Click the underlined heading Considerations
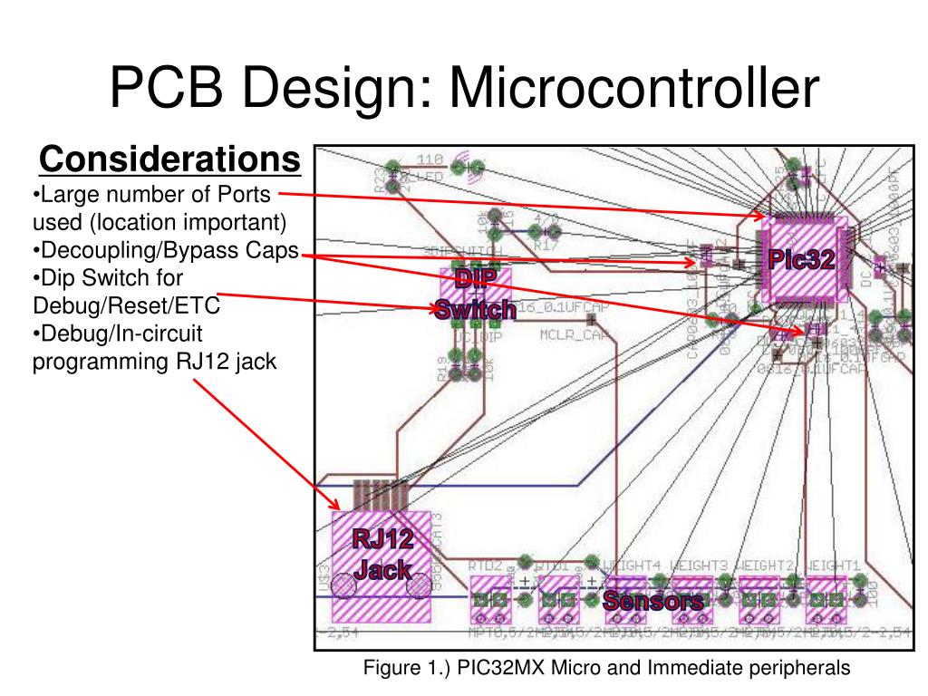tap(169, 160)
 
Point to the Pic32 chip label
tap(801, 259)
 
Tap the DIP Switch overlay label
tap(476, 295)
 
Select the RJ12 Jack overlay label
tap(382, 555)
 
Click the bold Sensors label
tap(653, 601)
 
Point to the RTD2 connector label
tap(486, 564)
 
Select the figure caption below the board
tap(606, 668)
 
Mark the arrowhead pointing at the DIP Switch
tap(435, 310)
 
